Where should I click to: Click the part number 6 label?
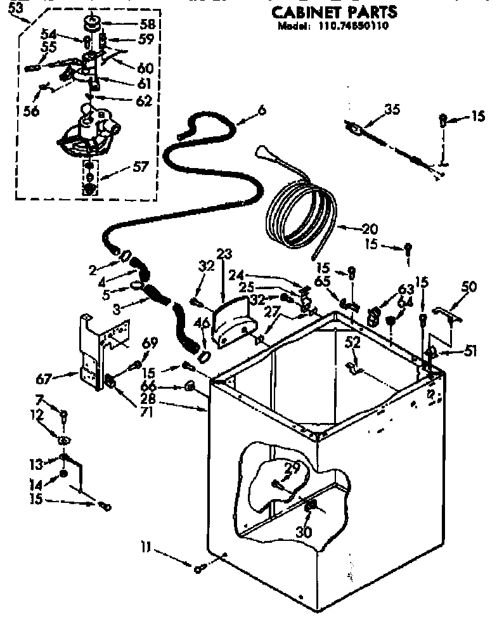(x=261, y=110)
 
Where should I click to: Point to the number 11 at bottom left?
(x=145, y=545)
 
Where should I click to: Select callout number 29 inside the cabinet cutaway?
(x=292, y=469)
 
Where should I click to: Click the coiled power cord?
(x=298, y=209)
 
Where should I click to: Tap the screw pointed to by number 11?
(x=199, y=569)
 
